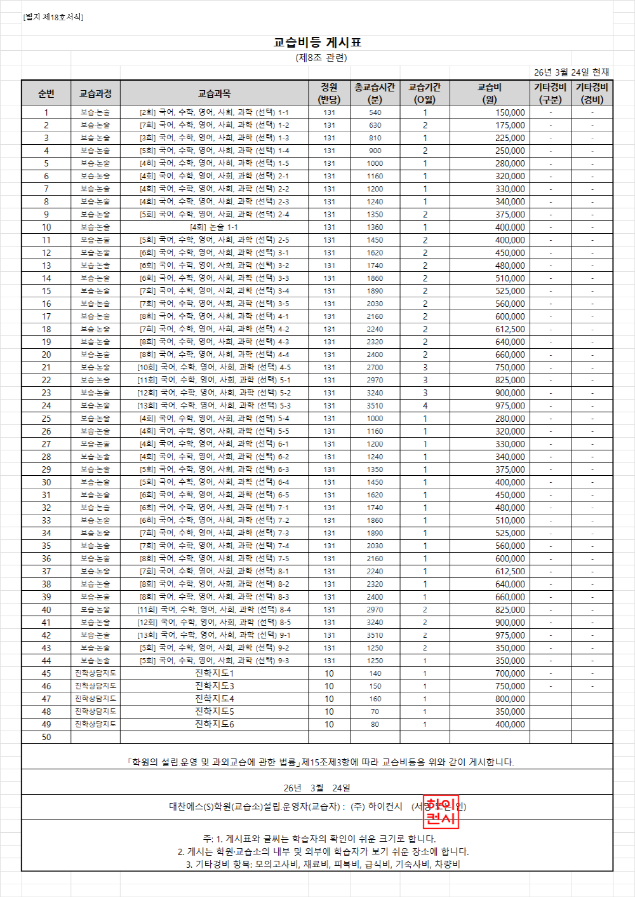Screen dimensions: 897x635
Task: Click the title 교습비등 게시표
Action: (317, 43)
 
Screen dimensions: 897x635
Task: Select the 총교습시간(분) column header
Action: (375, 93)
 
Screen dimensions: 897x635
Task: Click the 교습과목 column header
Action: (214, 93)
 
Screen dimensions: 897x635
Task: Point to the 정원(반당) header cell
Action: (329, 93)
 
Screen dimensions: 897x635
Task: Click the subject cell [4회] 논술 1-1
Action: (214, 227)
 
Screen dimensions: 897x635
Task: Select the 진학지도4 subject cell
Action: (214, 698)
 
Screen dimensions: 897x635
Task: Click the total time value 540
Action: (375, 112)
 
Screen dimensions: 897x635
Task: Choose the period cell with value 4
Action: (425, 405)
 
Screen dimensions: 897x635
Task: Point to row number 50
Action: (46, 737)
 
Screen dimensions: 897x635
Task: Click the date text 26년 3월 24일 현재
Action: (571, 72)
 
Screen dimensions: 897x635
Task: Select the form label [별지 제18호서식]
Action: (53, 17)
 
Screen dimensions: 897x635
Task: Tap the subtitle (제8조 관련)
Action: (321, 58)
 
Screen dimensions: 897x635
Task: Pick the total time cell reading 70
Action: (375, 712)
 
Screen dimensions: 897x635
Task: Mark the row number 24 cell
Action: (46, 405)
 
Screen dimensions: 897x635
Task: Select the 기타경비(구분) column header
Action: (550, 93)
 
